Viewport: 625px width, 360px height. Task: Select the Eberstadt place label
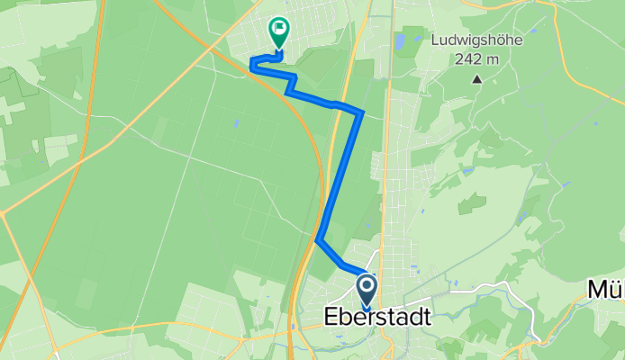click(x=377, y=318)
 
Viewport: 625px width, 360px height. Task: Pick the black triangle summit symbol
click(x=477, y=79)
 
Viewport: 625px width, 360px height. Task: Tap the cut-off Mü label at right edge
click(x=605, y=290)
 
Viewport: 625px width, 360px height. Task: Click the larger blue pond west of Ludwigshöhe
click(x=399, y=41)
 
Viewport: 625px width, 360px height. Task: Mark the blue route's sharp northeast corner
click(x=361, y=113)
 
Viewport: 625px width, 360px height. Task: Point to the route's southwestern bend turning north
click(x=320, y=239)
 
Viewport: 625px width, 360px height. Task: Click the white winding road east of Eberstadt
click(x=486, y=288)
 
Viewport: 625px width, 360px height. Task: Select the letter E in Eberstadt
click(x=331, y=318)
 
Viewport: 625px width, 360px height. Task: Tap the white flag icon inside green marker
click(x=279, y=29)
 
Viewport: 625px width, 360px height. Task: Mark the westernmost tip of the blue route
click(x=249, y=63)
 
